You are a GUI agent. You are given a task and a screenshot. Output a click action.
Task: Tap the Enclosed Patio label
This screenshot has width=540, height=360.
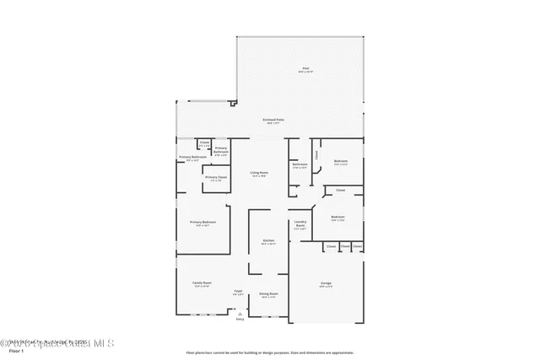coord(272,121)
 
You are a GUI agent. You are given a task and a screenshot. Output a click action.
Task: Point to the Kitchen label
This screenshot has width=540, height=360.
coord(268,240)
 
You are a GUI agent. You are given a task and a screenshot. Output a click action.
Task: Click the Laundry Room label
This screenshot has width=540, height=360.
coord(300,223)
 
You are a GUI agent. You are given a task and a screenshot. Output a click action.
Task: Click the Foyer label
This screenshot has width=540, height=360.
coord(239,291)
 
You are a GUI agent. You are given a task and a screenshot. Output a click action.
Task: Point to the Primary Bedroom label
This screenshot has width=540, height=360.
coord(202,222)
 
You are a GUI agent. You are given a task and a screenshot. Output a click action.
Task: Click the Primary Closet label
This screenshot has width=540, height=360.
coord(217,177)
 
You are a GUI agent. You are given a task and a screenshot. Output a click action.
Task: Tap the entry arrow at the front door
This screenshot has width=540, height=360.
coord(240,312)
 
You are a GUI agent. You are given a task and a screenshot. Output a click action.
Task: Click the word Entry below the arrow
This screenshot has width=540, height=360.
coord(240,320)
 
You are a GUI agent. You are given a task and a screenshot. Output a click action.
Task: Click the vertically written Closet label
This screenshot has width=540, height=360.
coord(316,154)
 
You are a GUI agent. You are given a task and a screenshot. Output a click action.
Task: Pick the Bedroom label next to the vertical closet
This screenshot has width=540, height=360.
coord(341,161)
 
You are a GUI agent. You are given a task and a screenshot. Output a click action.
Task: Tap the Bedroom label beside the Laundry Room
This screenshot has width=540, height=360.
coord(337,217)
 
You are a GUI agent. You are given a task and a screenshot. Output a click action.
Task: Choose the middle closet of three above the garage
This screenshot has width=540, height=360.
coord(346,246)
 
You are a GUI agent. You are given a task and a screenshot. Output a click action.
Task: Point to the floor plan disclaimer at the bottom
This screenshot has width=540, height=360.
coord(270,352)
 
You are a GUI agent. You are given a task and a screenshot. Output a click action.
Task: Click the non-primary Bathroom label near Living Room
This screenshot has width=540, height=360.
coord(300,164)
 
